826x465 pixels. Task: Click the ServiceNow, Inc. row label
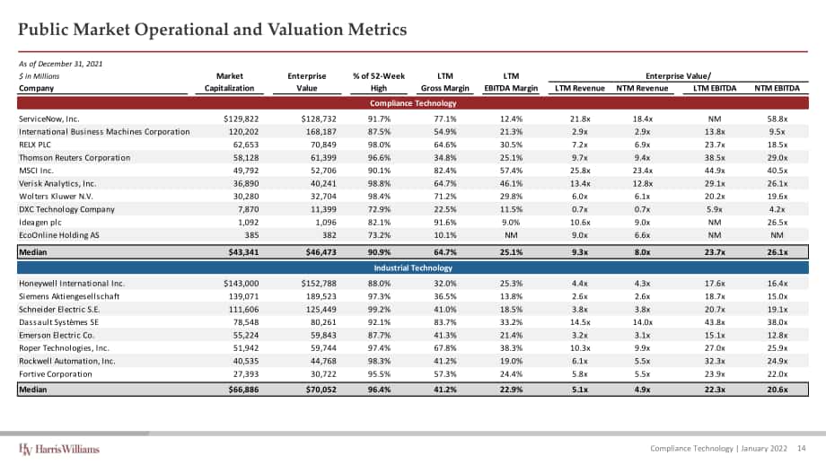click(x=49, y=119)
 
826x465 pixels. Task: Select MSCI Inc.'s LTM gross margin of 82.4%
click(x=445, y=171)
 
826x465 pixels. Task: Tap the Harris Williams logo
click(x=59, y=449)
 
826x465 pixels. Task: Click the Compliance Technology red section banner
click(x=413, y=103)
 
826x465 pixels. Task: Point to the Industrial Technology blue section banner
click(x=413, y=268)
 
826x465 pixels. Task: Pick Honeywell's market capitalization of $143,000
click(x=242, y=284)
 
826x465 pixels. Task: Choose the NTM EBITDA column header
click(x=777, y=88)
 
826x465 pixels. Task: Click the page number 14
click(x=801, y=448)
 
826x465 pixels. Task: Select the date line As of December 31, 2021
click(x=60, y=64)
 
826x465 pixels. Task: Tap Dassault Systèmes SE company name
click(x=58, y=322)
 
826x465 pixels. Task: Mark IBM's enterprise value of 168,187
click(x=321, y=132)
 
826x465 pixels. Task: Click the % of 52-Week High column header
click(x=379, y=83)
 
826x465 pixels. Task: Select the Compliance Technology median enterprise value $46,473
click(x=321, y=252)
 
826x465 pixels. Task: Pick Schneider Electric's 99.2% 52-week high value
click(x=379, y=310)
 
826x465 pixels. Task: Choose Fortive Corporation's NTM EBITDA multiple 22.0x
click(x=778, y=374)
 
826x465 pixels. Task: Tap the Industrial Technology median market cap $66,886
click(x=243, y=390)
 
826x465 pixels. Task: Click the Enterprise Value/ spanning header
click(x=678, y=75)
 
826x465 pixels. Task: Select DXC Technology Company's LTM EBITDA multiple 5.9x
click(x=715, y=209)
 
